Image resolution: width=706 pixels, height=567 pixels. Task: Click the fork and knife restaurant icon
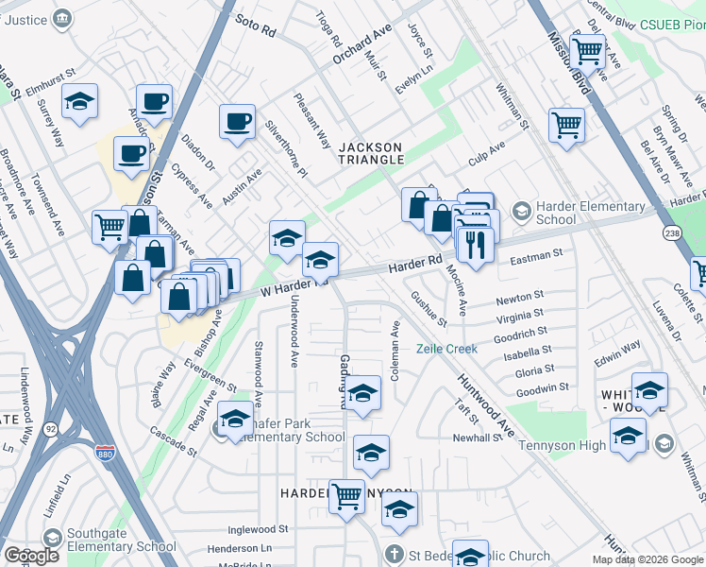click(x=475, y=245)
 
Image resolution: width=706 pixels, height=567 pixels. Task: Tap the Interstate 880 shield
click(x=106, y=455)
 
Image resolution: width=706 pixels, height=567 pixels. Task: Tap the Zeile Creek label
click(x=447, y=349)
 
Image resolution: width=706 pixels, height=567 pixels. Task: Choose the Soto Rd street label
click(x=255, y=26)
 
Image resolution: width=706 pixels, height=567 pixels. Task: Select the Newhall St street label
click(x=476, y=438)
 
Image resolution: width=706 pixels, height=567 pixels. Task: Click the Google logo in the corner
click(x=32, y=555)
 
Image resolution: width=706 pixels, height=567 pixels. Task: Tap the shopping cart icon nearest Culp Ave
click(x=565, y=124)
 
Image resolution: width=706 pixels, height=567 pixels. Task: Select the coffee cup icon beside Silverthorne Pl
click(x=237, y=121)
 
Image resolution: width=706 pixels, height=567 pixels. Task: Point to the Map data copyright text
click(x=647, y=559)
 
